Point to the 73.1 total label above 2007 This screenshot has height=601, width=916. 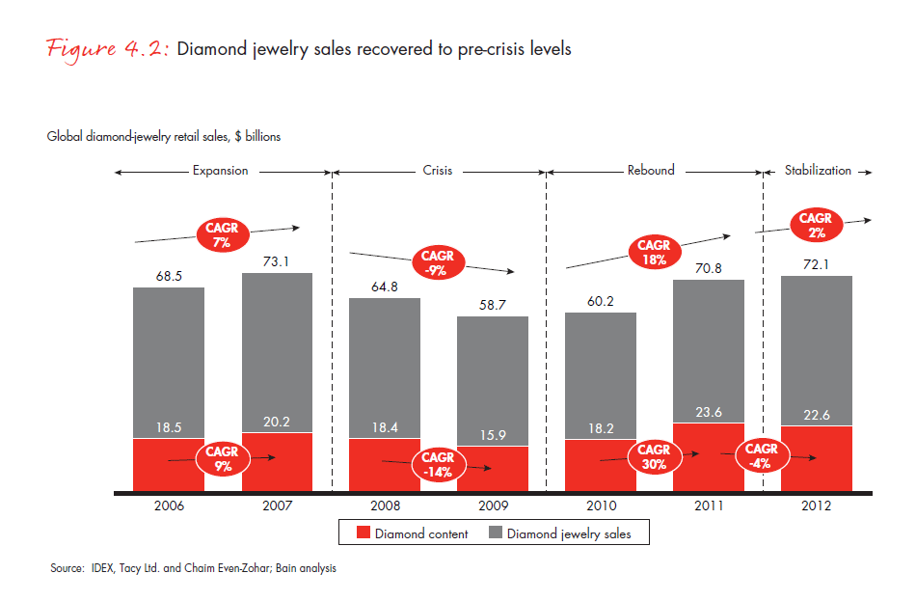277,260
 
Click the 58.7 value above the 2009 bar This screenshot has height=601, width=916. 493,304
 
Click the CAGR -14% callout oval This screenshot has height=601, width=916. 439,464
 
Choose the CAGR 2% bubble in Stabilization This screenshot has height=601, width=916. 816,226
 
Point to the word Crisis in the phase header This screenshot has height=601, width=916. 439,171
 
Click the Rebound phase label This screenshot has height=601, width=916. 651,171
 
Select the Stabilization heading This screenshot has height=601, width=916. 818,171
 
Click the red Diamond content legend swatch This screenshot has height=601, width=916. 364,533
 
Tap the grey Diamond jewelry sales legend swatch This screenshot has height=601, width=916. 496,533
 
